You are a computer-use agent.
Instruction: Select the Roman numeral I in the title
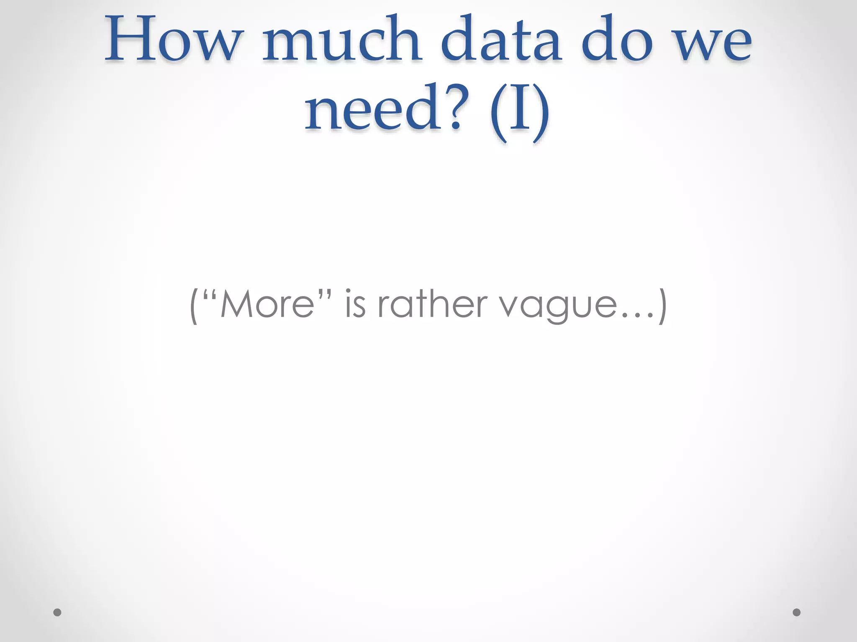tap(519, 110)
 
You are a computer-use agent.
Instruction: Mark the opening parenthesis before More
tap(193, 306)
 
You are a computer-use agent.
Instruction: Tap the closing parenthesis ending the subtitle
tap(662, 306)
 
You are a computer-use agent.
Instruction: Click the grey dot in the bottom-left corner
tap(57, 612)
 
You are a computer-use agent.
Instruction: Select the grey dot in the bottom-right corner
tap(797, 612)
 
